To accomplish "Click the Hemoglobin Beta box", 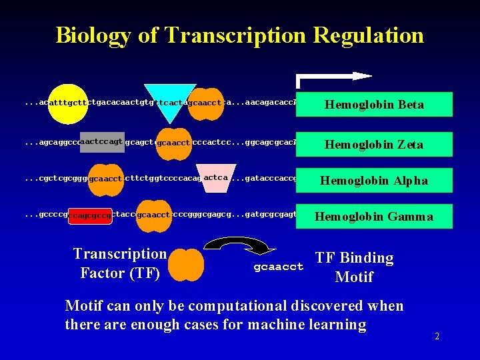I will pos(374,105).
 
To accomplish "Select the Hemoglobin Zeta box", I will pos(374,144).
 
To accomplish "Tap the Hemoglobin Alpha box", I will pos(374,180).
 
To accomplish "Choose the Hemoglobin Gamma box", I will pos(374,216).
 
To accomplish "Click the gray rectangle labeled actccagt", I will pos(102,141).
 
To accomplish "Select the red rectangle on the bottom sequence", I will pos(90,215).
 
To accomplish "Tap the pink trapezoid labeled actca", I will pos(216,178).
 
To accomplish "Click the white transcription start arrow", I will pos(334,78).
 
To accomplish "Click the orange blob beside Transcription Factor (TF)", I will pos(186,264).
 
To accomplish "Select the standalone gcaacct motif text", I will pos(279,267).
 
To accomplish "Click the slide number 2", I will pos(437,336).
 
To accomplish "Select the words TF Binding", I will pos(354,258).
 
